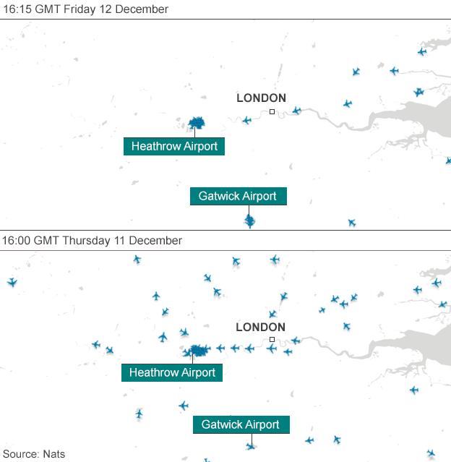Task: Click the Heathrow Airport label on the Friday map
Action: [x=174, y=146]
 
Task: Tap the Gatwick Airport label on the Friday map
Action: [x=238, y=196]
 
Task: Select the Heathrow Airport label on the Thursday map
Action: [x=172, y=372]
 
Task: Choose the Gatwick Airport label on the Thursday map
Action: [x=241, y=424]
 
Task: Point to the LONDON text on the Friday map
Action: [x=261, y=98]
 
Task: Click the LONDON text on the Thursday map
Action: [x=260, y=327]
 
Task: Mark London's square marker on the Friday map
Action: [x=272, y=111]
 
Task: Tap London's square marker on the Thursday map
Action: [x=272, y=339]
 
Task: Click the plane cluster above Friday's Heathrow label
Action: [x=197, y=123]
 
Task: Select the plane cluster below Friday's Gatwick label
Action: [x=249, y=220]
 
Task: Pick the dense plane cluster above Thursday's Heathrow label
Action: [x=195, y=351]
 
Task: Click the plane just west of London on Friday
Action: [x=246, y=120]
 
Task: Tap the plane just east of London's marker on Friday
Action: [x=296, y=111]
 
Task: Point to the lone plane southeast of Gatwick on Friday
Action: [x=351, y=223]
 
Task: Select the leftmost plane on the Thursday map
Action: [x=11, y=282]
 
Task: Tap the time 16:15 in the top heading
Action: [x=17, y=9]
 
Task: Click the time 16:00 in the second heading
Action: [x=17, y=240]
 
